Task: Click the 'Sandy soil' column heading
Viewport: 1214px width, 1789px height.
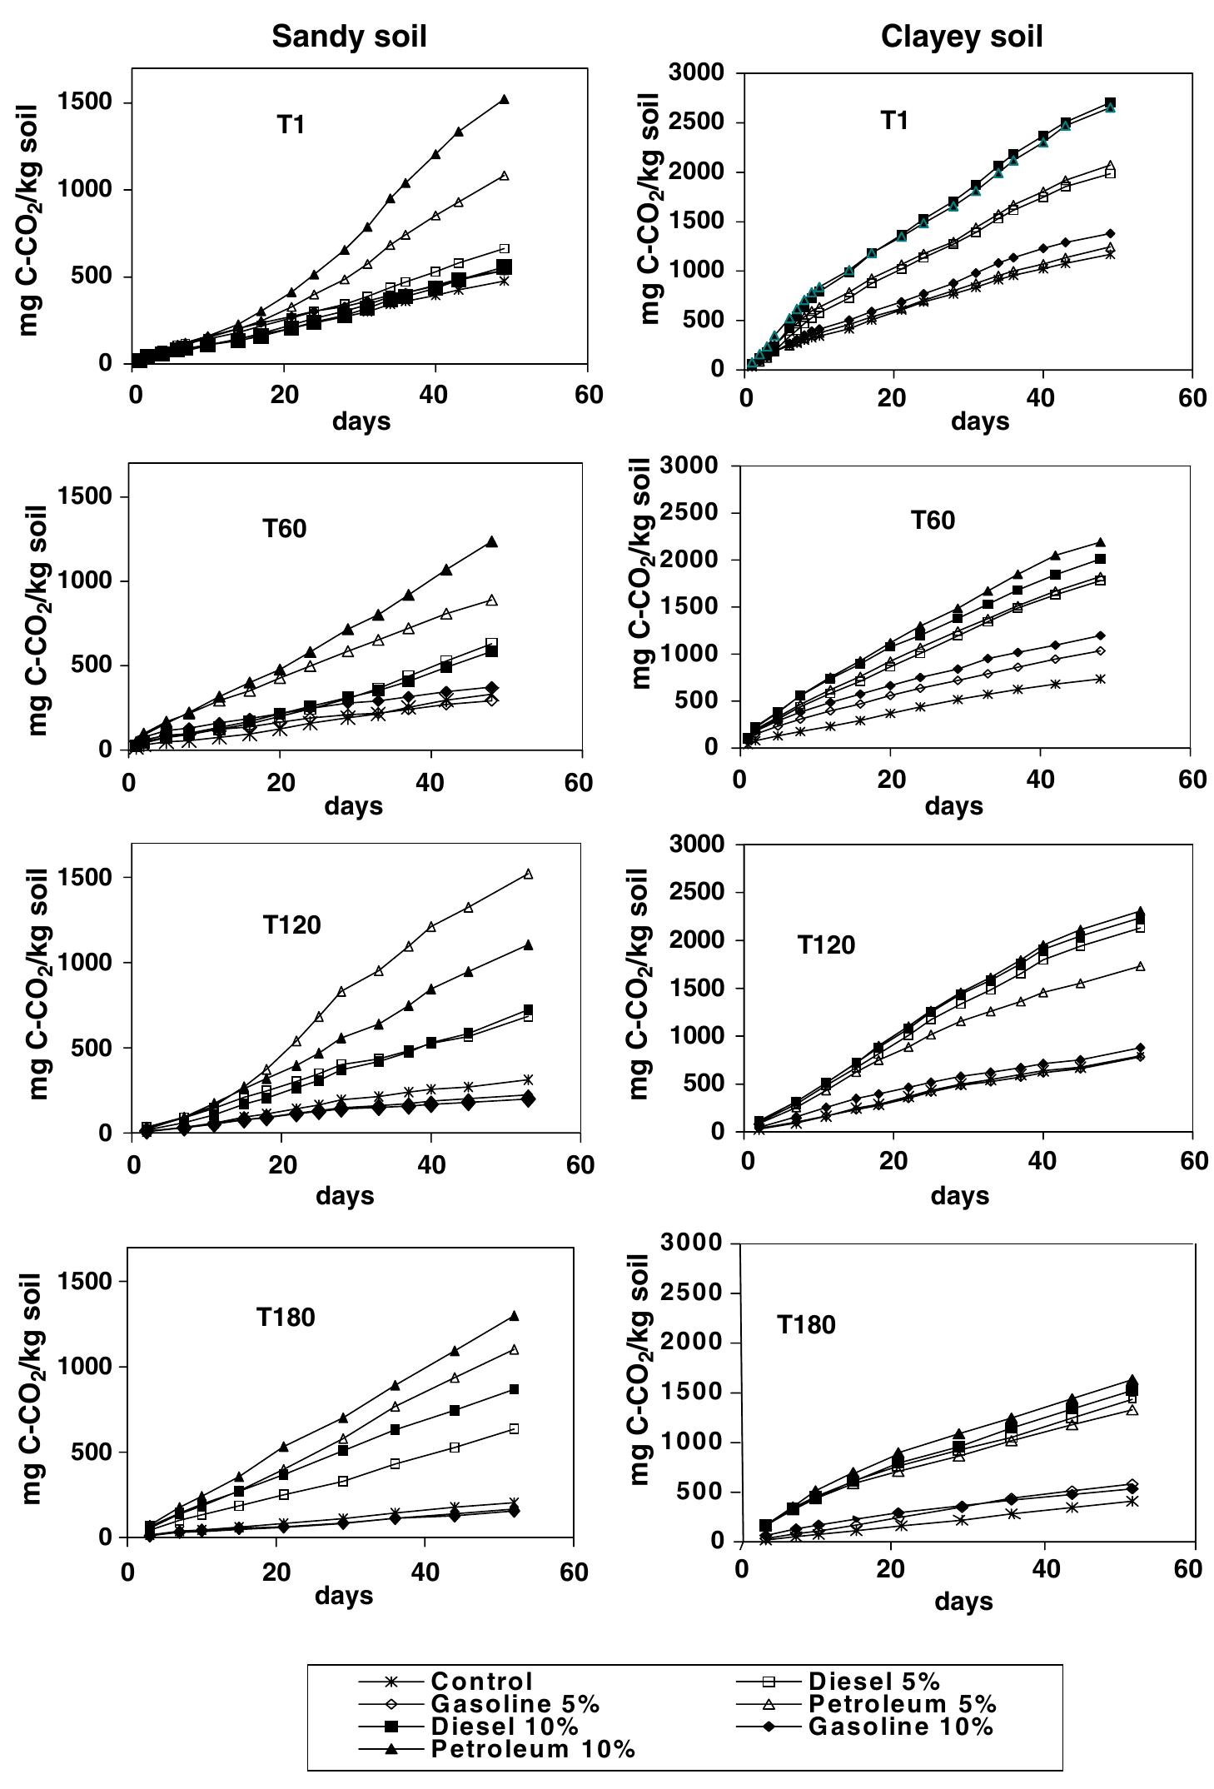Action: pyautogui.click(x=349, y=37)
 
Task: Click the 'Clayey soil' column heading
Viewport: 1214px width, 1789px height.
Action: pyautogui.click(x=962, y=37)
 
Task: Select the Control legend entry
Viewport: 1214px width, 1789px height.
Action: pyautogui.click(x=481, y=1682)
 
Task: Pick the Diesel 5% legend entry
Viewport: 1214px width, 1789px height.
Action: pyautogui.click(x=873, y=1682)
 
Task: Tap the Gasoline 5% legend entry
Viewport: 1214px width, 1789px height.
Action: pyautogui.click(x=515, y=1704)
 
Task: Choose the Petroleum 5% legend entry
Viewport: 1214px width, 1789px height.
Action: pyautogui.click(x=902, y=1704)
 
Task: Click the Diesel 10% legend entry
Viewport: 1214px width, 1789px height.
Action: pyautogui.click(x=504, y=1727)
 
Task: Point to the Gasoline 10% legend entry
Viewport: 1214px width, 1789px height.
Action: pyautogui.click(x=900, y=1727)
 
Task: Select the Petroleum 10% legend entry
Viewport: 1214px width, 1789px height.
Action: pyautogui.click(x=533, y=1749)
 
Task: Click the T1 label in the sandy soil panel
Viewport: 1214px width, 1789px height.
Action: pyautogui.click(x=291, y=125)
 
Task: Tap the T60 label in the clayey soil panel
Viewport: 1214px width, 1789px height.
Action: pyautogui.click(x=933, y=521)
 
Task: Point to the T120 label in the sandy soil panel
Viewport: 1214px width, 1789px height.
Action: pyautogui.click(x=291, y=925)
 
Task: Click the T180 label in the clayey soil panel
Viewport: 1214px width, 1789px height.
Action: pyautogui.click(x=806, y=1325)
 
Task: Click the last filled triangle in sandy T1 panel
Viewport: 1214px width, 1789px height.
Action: pyautogui.click(x=504, y=100)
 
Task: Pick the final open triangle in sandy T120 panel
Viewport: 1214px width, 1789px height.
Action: pyautogui.click(x=528, y=874)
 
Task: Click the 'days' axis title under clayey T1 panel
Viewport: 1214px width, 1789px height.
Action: pyautogui.click(x=979, y=421)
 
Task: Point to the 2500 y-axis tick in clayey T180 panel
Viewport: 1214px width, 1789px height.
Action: pyautogui.click(x=689, y=1293)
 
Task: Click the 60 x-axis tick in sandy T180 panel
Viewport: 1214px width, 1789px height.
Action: pyautogui.click(x=573, y=1572)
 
